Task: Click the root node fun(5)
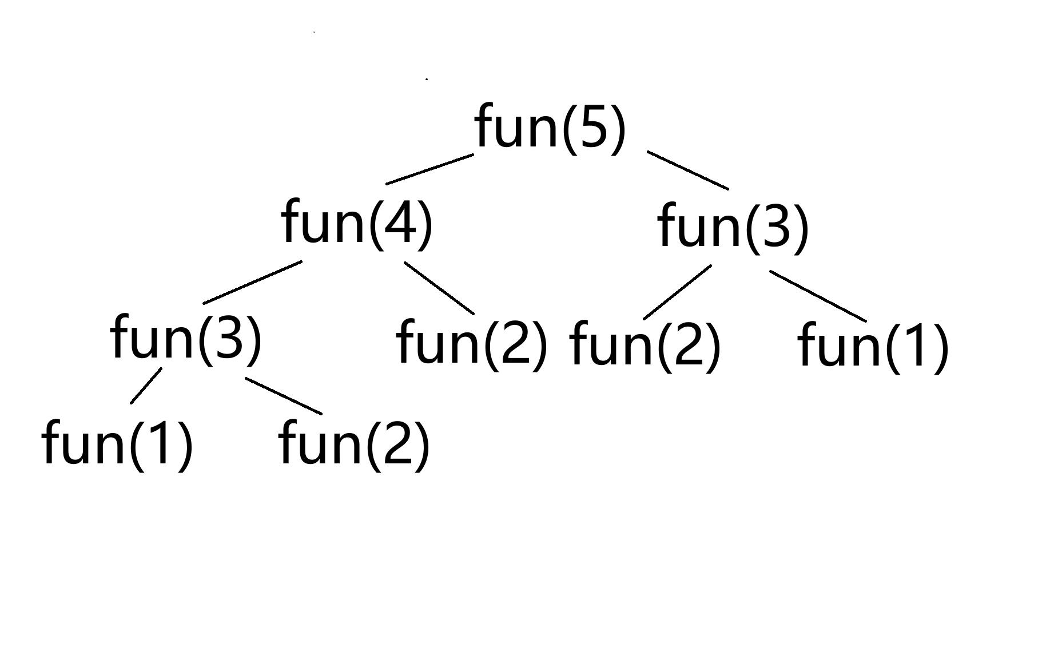550,127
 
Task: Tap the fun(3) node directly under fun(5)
733,227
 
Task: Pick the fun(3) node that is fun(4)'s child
186,338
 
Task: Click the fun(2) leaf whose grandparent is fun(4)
353,444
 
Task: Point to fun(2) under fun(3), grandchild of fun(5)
645,345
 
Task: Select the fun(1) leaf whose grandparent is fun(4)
117,444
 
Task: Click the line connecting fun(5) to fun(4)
430,169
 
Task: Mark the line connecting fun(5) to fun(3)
688,170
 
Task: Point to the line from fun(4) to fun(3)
252,282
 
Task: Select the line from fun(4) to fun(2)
439,288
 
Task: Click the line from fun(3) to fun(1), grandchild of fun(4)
146,386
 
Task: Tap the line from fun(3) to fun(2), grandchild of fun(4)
284,396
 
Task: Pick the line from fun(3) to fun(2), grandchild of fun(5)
677,292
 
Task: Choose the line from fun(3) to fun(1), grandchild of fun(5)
818,295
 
